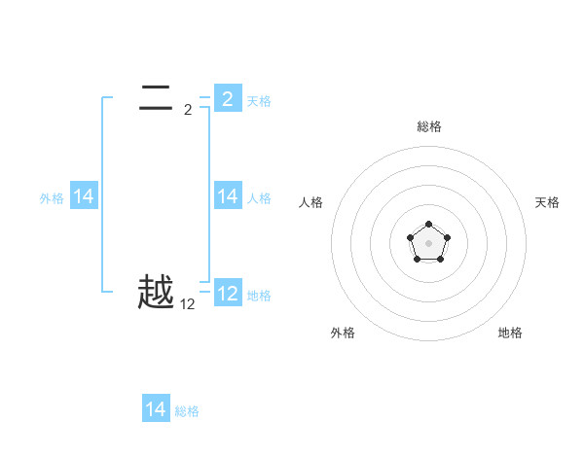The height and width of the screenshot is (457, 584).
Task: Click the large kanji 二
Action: click(156, 96)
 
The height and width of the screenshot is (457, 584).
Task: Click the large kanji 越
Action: click(156, 292)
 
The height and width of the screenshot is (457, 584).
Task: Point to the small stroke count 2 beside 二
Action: click(188, 110)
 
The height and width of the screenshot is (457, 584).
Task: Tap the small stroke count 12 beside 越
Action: click(188, 304)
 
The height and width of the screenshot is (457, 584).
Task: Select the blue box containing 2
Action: click(228, 98)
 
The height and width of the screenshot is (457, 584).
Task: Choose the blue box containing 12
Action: click(228, 293)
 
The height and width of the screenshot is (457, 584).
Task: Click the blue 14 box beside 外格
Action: click(84, 196)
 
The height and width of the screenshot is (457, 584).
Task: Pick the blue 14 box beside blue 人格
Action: click(228, 196)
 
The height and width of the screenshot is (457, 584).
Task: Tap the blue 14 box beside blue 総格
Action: click(156, 409)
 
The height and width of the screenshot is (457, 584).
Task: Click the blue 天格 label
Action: click(259, 101)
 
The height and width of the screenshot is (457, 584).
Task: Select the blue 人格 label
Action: click(259, 198)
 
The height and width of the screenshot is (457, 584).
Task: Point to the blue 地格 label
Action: click(259, 296)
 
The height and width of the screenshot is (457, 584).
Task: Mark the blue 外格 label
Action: click(52, 198)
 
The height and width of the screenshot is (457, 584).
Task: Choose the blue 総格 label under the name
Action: click(187, 411)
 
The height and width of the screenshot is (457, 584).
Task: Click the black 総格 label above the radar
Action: click(428, 126)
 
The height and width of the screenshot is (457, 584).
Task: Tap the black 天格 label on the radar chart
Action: click(547, 202)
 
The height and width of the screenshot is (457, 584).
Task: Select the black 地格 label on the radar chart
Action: click(510, 333)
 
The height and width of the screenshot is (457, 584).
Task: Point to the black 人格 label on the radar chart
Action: click(310, 202)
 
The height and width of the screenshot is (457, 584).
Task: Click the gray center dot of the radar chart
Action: click(428, 242)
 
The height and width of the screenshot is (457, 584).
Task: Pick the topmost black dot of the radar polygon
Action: click(428, 225)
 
